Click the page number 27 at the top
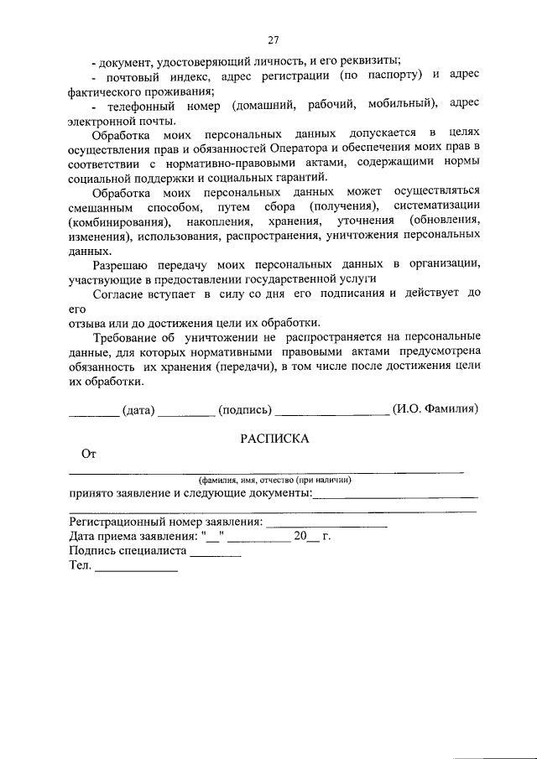click(274, 40)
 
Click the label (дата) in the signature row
click(138, 410)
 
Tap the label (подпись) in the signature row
click(244, 410)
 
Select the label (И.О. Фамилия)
click(435, 410)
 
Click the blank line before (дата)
click(93, 413)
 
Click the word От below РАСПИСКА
click(89, 455)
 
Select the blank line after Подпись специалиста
click(216, 555)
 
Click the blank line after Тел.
click(136, 569)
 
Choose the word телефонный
click(138, 104)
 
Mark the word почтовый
click(138, 75)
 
